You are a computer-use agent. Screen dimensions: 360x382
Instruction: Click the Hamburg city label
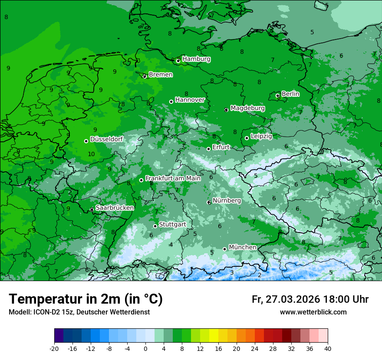pyautogui.click(x=196, y=59)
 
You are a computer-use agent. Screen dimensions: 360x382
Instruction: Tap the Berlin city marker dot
pyautogui.click(x=278, y=95)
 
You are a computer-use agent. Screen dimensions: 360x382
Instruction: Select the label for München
pyautogui.click(x=242, y=247)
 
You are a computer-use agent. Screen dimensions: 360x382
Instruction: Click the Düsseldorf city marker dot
pyautogui.click(x=86, y=141)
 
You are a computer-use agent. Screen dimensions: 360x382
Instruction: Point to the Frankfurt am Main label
pyautogui.click(x=173, y=178)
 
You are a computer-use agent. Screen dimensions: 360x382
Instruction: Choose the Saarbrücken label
pyautogui.click(x=115, y=208)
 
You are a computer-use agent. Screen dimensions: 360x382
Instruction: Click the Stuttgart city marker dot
pyautogui.click(x=155, y=226)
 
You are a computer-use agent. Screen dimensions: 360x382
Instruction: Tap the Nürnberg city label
pyautogui.click(x=227, y=201)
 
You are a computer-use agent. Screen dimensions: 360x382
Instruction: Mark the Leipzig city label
pyautogui.click(x=261, y=136)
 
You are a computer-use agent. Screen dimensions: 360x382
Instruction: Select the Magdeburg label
pyautogui.click(x=247, y=108)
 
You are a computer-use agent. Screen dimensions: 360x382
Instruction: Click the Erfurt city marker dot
pyautogui.click(x=208, y=149)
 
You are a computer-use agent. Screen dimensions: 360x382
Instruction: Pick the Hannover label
pyautogui.click(x=190, y=100)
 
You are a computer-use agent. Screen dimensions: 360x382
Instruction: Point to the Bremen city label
pyautogui.click(x=161, y=75)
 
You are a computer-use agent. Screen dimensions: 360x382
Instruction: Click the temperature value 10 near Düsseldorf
pyautogui.click(x=91, y=154)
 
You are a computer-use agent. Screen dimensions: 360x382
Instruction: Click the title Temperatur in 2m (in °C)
pyautogui.click(x=86, y=299)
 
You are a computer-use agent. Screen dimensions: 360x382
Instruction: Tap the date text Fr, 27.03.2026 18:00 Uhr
pyautogui.click(x=310, y=299)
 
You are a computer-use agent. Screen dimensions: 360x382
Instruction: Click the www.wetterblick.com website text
pyautogui.click(x=313, y=312)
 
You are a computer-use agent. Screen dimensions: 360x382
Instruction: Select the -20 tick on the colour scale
pyautogui.click(x=54, y=348)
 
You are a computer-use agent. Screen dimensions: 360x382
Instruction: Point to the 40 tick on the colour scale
pyautogui.click(x=328, y=348)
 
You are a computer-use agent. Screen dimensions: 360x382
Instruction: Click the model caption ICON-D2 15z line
pyautogui.click(x=79, y=312)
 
